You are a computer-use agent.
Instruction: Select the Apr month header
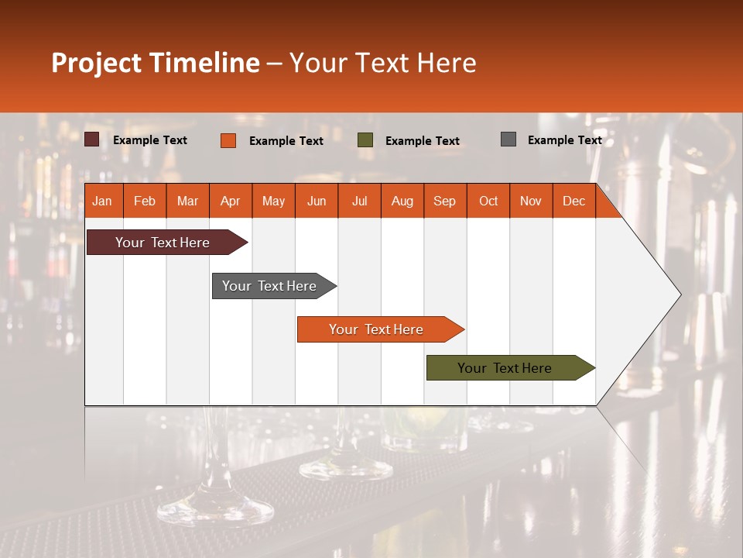(231, 201)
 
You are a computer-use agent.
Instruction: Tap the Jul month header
(359, 201)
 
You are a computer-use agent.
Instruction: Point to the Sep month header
(445, 201)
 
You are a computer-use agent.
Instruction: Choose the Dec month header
(574, 201)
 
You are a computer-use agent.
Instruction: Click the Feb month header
(145, 201)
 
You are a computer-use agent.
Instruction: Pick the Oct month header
(488, 201)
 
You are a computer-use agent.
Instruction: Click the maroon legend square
(92, 139)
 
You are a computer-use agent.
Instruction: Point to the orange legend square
(228, 140)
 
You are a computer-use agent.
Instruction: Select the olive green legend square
(365, 140)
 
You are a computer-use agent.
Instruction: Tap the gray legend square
(508, 139)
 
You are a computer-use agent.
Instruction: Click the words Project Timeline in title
(155, 63)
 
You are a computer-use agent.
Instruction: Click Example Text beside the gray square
(564, 140)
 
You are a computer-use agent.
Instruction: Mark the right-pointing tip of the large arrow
(680, 294)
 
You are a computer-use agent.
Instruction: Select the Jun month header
(317, 201)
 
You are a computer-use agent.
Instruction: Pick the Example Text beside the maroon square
(150, 140)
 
